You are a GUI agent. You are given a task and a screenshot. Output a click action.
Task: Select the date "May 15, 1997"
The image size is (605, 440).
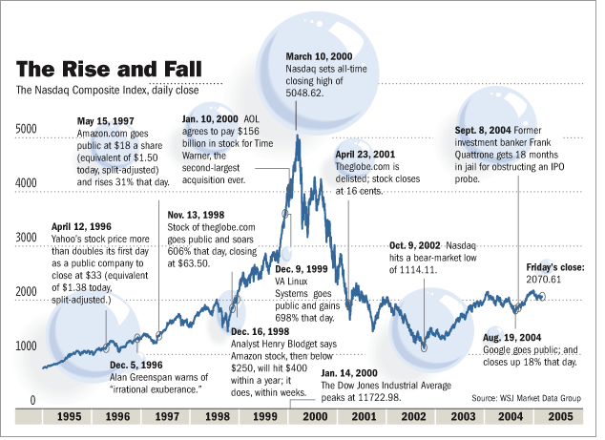[107, 121]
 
